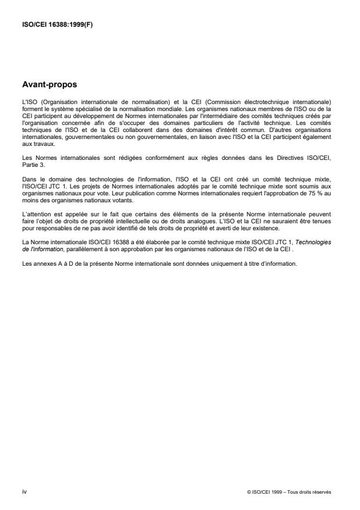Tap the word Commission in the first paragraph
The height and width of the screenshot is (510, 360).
coord(224,101)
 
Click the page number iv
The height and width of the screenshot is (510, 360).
coord(24,491)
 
